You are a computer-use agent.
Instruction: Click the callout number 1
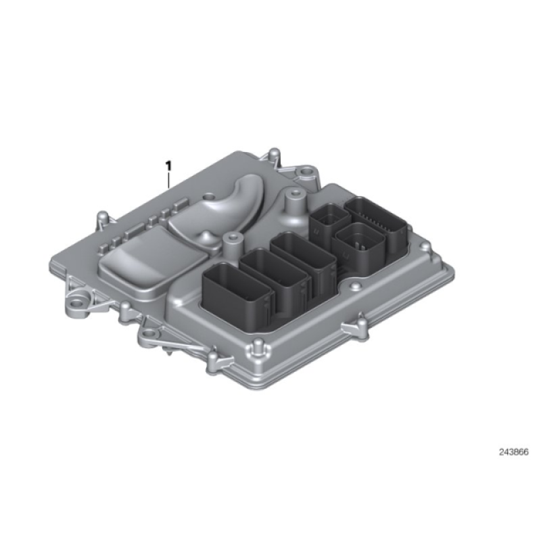[168, 166]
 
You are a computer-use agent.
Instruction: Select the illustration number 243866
[513, 452]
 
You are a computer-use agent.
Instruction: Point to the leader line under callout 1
[168, 180]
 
